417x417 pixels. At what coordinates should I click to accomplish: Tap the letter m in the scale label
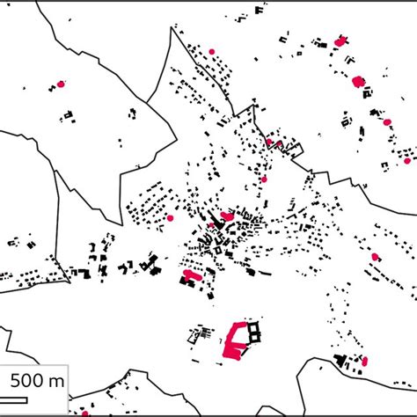point(56,381)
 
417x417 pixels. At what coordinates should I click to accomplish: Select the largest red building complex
point(235,340)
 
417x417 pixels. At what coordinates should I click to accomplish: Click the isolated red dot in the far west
point(61,84)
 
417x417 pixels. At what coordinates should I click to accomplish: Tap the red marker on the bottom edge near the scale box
point(85,412)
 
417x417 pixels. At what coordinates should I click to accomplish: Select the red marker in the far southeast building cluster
point(365,361)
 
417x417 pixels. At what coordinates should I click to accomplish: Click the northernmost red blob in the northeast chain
point(340,40)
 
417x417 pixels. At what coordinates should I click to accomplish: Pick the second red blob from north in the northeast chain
point(358,81)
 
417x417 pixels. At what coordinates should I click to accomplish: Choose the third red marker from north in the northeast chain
point(386,121)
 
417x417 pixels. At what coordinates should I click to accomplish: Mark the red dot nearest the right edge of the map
point(406,160)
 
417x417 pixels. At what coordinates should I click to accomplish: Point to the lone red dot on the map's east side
point(376,257)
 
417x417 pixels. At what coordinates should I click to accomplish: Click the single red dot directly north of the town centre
point(263,179)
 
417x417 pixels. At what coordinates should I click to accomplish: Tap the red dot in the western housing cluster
point(171,217)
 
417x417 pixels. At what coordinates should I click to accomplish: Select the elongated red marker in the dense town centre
point(227,215)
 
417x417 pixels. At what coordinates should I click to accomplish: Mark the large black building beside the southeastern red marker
point(340,360)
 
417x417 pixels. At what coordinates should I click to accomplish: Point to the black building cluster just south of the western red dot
point(69,114)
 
